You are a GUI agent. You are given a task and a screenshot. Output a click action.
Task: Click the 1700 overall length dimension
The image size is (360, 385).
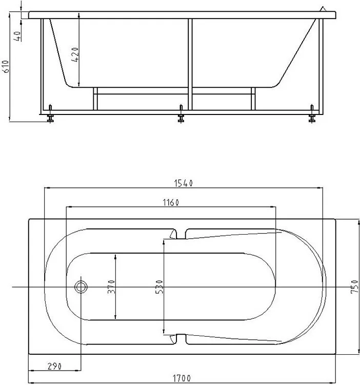[182, 378]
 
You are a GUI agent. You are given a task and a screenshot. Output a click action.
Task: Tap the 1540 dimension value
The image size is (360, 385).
[184, 183]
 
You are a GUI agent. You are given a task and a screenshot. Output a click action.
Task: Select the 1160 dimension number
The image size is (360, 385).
[171, 203]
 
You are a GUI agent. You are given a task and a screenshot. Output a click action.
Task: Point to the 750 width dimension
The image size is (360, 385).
[355, 286]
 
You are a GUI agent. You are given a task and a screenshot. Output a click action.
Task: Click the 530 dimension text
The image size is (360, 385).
[159, 287]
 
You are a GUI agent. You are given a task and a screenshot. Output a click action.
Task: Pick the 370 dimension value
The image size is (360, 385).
[111, 287]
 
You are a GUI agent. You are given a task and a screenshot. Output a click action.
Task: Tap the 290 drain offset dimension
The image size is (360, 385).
[54, 367]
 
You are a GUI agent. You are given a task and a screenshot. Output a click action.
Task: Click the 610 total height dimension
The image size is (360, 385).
[6, 66]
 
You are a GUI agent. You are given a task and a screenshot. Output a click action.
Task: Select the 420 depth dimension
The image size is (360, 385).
[75, 54]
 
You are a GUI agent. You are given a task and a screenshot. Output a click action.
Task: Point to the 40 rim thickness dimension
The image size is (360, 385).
[17, 36]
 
